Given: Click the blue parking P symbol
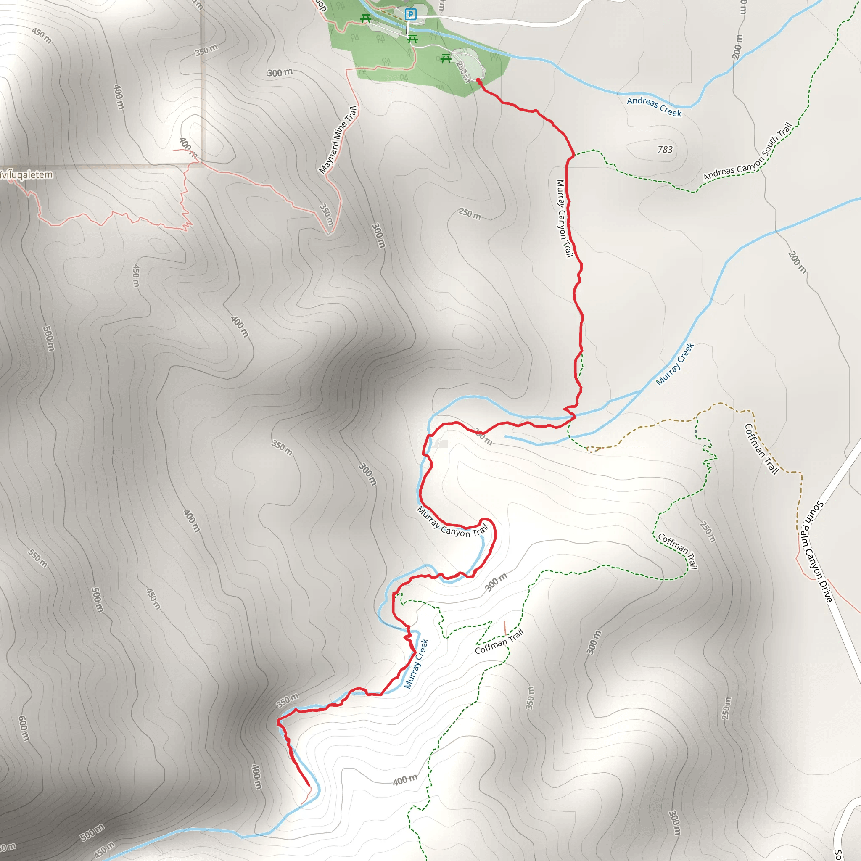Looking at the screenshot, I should tap(410, 15).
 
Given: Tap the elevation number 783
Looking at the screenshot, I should tap(665, 150).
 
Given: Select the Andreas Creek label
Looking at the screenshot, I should tap(654, 106).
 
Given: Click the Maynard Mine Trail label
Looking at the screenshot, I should tap(338, 140).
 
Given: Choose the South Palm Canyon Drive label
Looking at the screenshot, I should tap(817, 551).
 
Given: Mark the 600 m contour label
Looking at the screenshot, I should tap(24, 728).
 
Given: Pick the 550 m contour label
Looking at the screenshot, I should tap(38, 558).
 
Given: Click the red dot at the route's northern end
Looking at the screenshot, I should tap(478, 80).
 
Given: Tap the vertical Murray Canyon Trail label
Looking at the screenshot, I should tap(564, 218).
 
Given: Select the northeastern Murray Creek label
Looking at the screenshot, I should tap(675, 364).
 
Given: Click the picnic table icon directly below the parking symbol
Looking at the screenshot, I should tap(413, 39).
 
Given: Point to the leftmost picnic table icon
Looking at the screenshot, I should tap(366, 18).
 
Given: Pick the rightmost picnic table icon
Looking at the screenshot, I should tap(446, 58).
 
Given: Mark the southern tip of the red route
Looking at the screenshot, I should tap(309, 785).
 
